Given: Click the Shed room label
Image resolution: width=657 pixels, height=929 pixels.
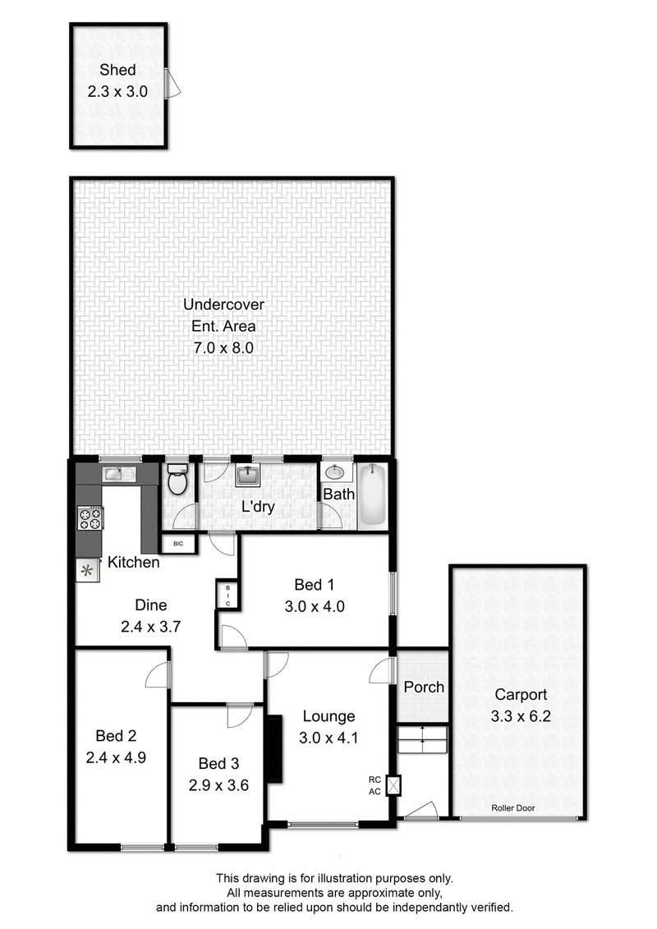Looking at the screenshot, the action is click(117, 70).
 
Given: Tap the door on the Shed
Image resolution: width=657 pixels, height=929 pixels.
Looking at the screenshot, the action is click(172, 82).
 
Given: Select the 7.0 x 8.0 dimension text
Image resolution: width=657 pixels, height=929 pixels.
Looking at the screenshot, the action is click(223, 347).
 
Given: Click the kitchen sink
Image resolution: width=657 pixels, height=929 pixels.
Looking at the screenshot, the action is click(119, 473).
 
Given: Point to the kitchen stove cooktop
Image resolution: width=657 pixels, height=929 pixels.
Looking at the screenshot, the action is click(90, 518).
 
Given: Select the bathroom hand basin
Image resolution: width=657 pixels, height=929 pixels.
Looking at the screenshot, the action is click(335, 473).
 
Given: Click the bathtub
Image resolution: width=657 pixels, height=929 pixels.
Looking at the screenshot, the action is click(373, 494).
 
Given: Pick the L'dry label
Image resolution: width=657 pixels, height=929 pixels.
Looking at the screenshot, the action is click(259, 507).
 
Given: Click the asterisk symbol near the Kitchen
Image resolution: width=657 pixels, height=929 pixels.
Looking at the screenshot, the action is click(87, 571).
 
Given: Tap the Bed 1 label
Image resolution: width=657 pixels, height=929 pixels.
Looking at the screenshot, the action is click(314, 585).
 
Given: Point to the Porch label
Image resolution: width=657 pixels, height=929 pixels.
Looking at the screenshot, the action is click(424, 688).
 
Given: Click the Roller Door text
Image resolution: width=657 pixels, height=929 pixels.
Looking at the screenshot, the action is click(513, 807).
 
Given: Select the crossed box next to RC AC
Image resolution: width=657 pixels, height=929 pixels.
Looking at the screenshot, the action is click(393, 785).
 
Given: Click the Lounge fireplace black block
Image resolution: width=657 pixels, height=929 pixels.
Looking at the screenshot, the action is click(273, 749).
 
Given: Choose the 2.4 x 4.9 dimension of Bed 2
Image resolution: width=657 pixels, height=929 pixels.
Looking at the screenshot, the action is click(116, 757).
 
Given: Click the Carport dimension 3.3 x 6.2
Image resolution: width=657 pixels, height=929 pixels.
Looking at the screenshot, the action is click(521, 716).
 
